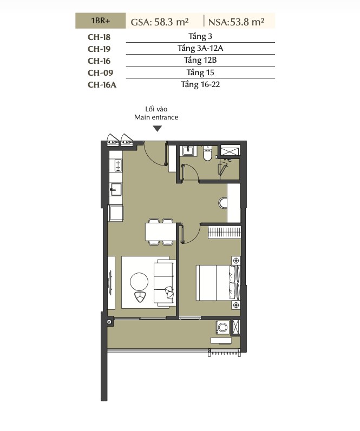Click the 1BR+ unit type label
pyautogui.click(x=101, y=21)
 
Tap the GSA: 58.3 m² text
pyautogui.click(x=160, y=22)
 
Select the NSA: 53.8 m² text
pyautogui.click(x=237, y=22)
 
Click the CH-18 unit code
pyautogui.click(x=99, y=37)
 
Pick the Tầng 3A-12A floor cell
pyautogui.click(x=200, y=48)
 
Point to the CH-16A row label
pyautogui.click(x=102, y=85)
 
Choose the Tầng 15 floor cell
pyautogui.click(x=200, y=72)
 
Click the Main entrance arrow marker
pyautogui.click(x=157, y=129)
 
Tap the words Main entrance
pyautogui.click(x=156, y=117)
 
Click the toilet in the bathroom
pyautogui.click(x=207, y=154)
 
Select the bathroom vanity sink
pyautogui.click(x=188, y=151)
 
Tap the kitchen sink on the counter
pyautogui.click(x=116, y=189)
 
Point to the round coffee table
pyautogui.click(x=139, y=282)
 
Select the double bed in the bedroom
pyautogui.click(x=218, y=283)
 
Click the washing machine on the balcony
pyautogui.click(x=222, y=327)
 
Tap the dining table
pyautogui.click(x=160, y=231)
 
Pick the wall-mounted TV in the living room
pyautogui.click(x=110, y=283)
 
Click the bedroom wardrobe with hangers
pyautogui.click(x=224, y=233)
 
